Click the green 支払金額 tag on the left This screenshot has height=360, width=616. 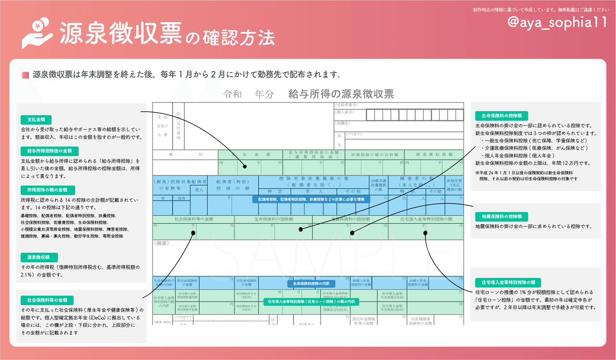point(36,120)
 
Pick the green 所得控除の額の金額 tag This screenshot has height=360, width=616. point(48,190)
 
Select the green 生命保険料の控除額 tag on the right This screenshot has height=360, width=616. point(501,116)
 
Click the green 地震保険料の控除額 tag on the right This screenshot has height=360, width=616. point(501,216)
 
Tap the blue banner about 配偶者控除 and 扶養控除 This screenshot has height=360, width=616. point(311,199)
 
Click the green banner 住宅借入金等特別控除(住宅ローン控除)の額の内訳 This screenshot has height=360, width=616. point(311,302)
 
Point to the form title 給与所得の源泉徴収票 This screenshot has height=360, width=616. point(341,94)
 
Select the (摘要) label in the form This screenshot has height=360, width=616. point(162,244)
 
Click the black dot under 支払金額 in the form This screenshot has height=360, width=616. point(245,167)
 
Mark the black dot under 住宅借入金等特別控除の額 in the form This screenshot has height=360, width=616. point(425,233)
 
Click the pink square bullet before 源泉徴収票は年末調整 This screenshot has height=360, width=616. point(26,75)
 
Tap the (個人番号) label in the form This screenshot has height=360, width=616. point(345,113)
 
